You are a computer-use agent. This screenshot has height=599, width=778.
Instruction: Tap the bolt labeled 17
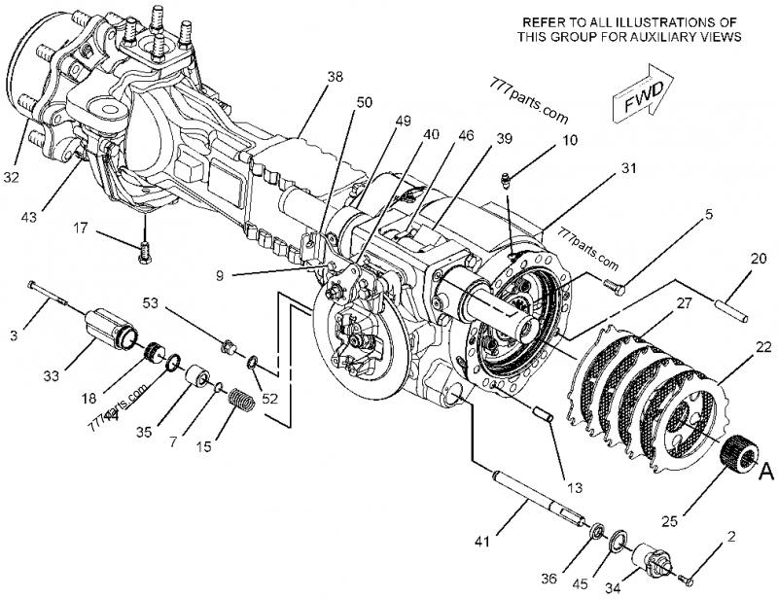coord(145,249)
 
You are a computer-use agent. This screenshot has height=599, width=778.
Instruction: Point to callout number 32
coord(11,178)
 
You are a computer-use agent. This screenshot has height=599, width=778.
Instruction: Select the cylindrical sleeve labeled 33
coord(109,327)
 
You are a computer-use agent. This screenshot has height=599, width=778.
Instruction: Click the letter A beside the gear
coord(765,473)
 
